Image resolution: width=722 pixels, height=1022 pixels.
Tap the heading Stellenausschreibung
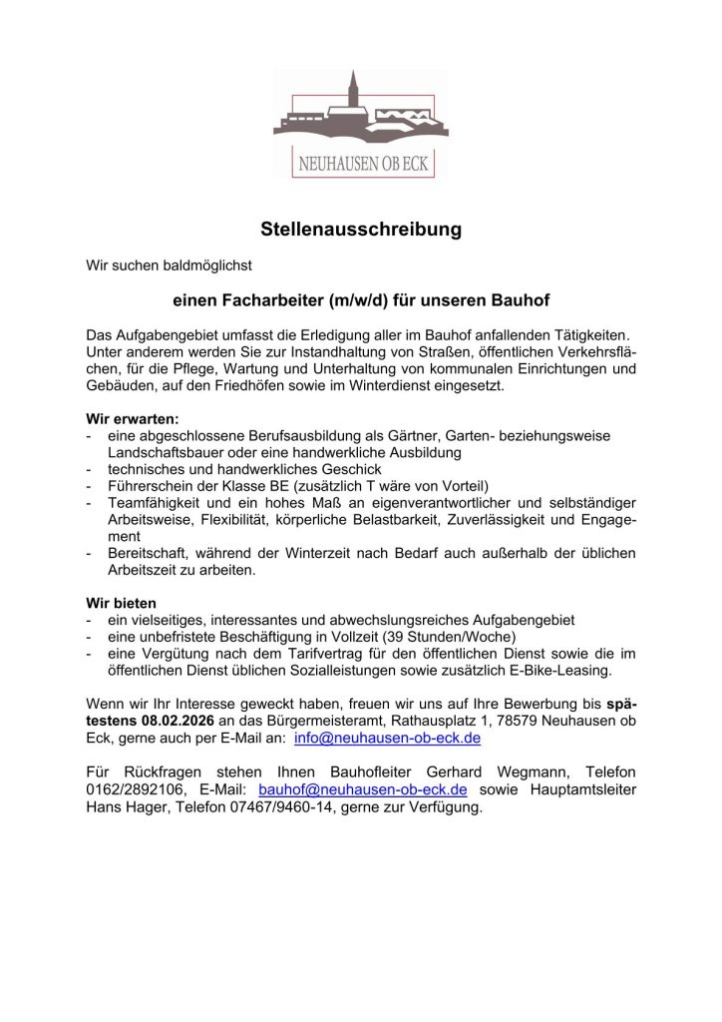point(361,230)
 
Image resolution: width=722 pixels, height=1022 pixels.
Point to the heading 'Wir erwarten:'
point(133,419)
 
